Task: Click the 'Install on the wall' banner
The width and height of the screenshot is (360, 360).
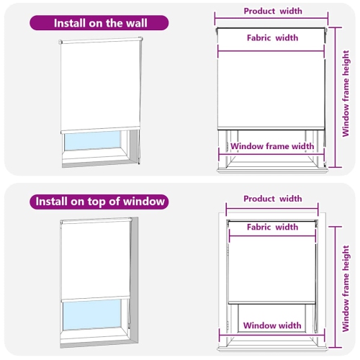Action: point(99,22)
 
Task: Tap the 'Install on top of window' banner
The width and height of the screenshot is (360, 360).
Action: point(99,202)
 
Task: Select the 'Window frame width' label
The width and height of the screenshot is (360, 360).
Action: point(272,146)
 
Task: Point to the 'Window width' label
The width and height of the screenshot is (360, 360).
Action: point(271,325)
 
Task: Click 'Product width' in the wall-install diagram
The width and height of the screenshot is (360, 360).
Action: point(273,12)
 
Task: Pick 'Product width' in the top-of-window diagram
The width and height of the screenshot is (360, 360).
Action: point(273,199)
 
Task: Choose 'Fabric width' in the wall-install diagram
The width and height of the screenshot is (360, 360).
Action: point(272,38)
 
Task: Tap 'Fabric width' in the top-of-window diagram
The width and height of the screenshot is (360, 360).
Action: point(272,228)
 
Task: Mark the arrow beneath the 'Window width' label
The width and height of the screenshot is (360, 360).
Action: point(271,336)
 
